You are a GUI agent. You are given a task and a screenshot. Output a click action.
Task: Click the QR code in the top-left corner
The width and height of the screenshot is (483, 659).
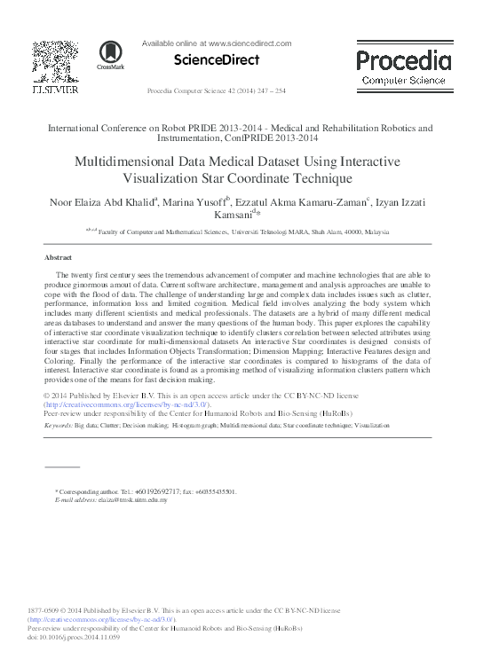click(x=54, y=61)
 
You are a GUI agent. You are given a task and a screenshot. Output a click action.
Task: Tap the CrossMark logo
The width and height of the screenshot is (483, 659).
click(x=111, y=55)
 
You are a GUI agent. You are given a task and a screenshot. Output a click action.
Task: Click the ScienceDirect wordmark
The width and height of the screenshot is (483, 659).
click(x=217, y=60)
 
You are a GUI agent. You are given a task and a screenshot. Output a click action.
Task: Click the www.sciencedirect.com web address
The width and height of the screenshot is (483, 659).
click(x=249, y=43)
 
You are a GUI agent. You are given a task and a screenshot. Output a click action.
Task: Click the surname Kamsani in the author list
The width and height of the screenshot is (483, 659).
click(x=232, y=216)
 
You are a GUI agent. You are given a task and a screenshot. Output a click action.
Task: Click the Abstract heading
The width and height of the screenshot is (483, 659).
click(x=58, y=257)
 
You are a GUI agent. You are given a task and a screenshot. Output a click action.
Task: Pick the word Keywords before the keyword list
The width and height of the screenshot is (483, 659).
click(x=59, y=426)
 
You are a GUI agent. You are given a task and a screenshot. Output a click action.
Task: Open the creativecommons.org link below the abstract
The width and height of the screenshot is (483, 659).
click(x=126, y=404)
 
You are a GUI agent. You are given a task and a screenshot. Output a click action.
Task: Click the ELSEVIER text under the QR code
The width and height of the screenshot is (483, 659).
click(x=54, y=90)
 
